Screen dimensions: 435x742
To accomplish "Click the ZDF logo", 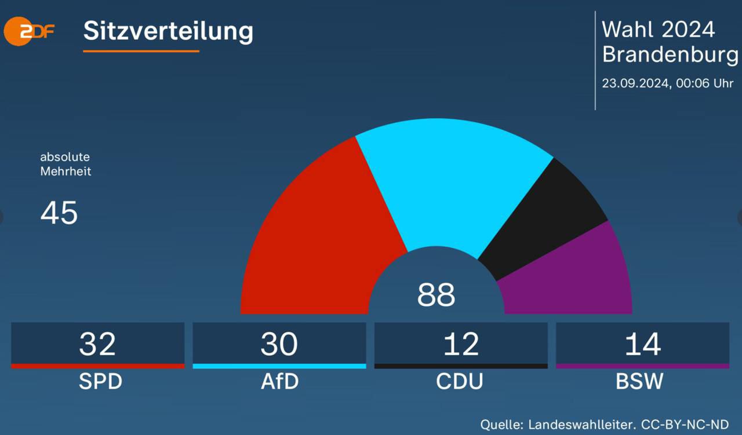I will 29,31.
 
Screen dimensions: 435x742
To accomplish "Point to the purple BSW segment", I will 574,278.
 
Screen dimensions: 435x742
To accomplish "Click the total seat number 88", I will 436,295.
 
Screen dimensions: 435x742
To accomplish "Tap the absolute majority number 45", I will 59,213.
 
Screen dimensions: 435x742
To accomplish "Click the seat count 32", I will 97,343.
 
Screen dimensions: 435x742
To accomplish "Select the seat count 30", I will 279,343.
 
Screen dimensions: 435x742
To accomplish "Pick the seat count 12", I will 461,343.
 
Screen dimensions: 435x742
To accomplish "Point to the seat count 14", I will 642,343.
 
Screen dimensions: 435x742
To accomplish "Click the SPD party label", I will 100,382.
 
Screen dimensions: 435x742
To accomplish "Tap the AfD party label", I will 279,382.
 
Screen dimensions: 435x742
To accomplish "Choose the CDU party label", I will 460,382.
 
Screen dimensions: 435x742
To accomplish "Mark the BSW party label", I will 640,382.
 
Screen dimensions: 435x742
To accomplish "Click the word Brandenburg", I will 670,54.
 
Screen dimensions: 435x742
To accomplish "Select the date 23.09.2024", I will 635,83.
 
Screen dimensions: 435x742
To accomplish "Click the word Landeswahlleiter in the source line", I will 576,424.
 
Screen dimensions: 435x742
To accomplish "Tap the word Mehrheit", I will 66,171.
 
